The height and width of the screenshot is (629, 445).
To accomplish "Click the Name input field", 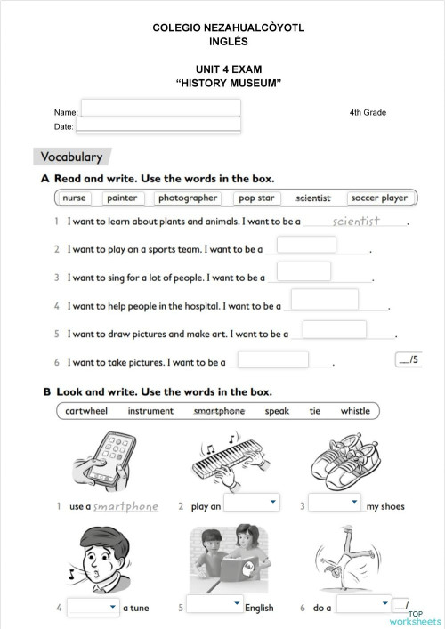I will [x=160, y=109].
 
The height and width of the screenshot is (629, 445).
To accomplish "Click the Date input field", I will [x=160, y=125].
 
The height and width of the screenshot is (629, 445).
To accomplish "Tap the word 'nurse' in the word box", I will [x=75, y=198].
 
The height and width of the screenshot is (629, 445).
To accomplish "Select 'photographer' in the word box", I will [x=188, y=198].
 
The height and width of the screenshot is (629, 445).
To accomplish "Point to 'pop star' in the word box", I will [x=256, y=198].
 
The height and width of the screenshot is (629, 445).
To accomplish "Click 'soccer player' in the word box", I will [x=379, y=198].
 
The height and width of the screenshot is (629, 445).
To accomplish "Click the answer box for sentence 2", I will [x=306, y=245].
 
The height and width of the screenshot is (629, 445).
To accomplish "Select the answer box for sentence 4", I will [x=325, y=300].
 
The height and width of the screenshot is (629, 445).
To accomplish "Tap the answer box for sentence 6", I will [x=273, y=359].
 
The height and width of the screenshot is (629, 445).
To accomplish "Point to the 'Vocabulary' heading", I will [x=72, y=157].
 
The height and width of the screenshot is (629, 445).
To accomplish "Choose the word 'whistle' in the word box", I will [x=355, y=411].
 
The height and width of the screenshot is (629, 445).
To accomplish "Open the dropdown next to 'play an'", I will [x=251, y=504].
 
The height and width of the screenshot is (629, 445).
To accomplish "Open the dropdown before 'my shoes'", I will [x=335, y=504].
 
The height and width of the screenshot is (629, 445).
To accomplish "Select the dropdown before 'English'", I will [x=214, y=606].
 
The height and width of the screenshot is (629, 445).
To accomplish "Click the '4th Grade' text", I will [x=368, y=113].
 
